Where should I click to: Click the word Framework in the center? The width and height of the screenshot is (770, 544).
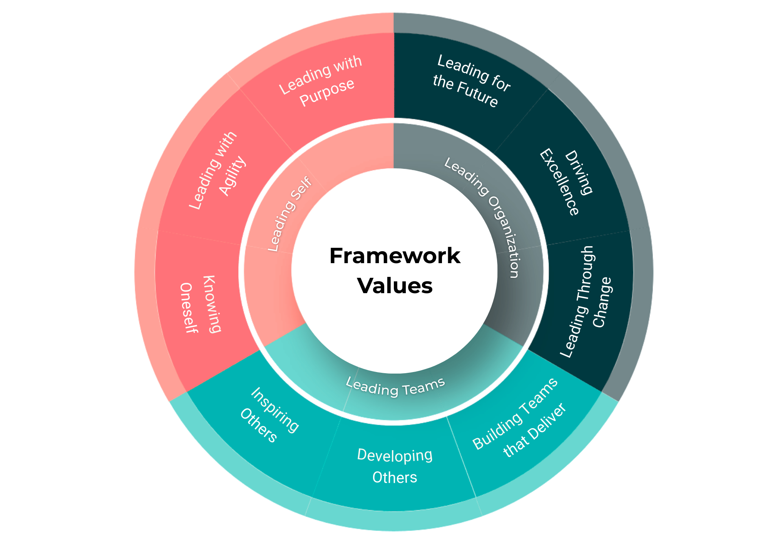tap(395, 256)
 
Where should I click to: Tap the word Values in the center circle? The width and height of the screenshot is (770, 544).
tap(395, 286)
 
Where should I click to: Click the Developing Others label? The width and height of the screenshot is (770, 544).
tap(395, 466)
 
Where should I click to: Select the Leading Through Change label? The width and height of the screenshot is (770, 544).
tap(585, 302)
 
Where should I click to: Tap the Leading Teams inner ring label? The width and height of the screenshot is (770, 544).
tap(395, 387)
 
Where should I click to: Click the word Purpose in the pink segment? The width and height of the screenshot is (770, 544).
tap(327, 92)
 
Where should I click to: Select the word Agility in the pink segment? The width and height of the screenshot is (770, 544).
tap(232, 176)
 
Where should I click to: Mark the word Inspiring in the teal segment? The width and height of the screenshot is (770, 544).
tap(275, 410)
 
